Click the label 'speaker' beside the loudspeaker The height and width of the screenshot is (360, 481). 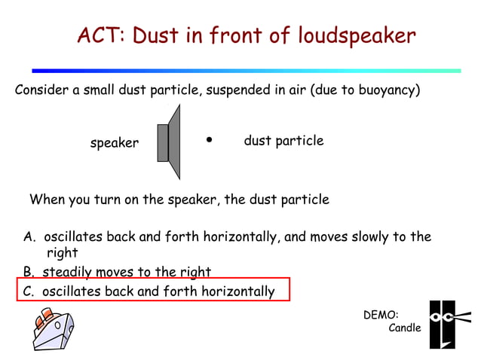[x=115, y=143]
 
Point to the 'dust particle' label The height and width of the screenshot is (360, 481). [x=283, y=141]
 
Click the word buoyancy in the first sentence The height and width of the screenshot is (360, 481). [x=380, y=91]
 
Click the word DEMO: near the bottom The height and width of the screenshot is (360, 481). [x=381, y=315]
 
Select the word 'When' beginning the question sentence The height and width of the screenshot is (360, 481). [x=47, y=200]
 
